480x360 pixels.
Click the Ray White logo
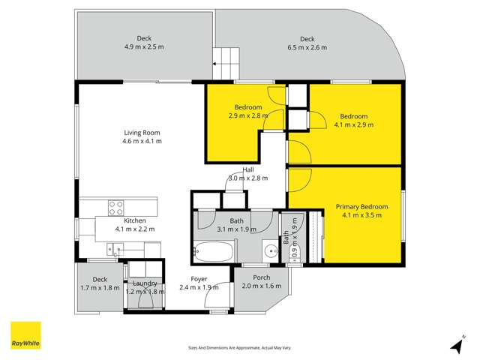click(x=25, y=335)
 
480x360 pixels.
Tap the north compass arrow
click(x=456, y=345)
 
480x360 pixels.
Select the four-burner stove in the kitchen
click(x=116, y=207)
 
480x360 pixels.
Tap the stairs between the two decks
click(x=226, y=58)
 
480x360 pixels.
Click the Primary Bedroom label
click(x=361, y=206)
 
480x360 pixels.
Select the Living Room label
click(x=142, y=133)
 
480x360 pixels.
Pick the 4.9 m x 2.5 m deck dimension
click(x=145, y=46)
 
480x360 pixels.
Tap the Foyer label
click(x=199, y=278)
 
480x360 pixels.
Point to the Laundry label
click(x=145, y=283)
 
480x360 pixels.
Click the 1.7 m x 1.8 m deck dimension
click(x=99, y=286)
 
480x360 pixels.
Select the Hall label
click(x=247, y=170)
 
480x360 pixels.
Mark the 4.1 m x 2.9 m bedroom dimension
click(x=353, y=124)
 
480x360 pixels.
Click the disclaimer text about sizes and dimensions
click(x=239, y=347)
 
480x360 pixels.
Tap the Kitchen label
click(x=135, y=220)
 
